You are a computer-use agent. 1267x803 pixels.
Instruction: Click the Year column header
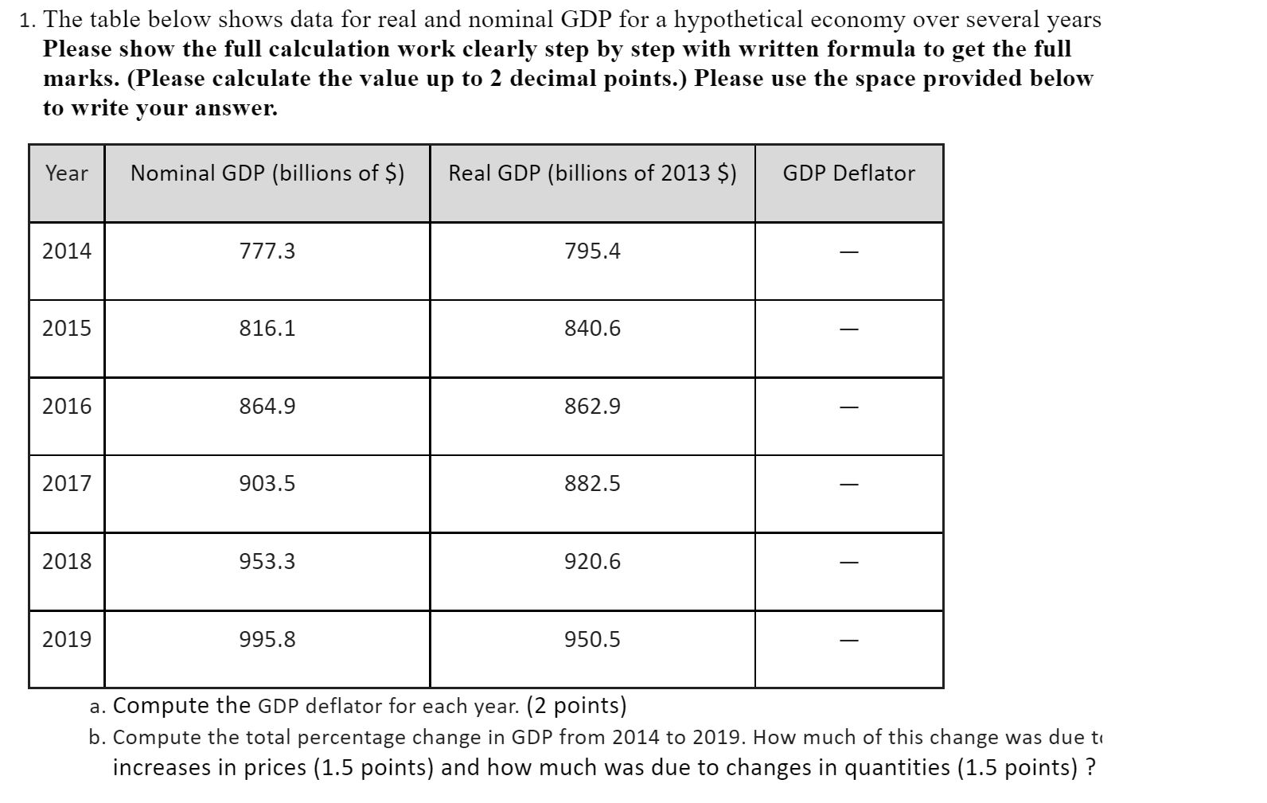pos(67,173)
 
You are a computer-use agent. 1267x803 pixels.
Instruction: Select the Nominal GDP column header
pos(267,173)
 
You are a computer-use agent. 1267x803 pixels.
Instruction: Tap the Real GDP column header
pos(592,173)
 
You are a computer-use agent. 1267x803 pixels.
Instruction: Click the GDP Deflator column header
pos(848,173)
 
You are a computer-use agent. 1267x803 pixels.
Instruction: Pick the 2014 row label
pos(67,251)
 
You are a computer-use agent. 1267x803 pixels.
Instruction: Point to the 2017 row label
pos(67,484)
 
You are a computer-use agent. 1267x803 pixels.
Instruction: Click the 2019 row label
pos(67,640)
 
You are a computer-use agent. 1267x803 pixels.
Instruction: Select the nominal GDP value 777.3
pos(267,251)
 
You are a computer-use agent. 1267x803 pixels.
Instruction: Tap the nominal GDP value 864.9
pos(267,407)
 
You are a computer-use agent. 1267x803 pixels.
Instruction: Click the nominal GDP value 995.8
pos(267,640)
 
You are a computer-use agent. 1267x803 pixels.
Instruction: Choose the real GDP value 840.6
pos(592,329)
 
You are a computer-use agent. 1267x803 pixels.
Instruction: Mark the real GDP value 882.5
pos(592,484)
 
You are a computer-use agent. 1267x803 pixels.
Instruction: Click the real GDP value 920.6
pos(592,562)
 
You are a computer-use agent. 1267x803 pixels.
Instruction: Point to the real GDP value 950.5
pos(592,640)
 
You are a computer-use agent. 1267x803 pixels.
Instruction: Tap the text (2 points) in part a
pos(577,706)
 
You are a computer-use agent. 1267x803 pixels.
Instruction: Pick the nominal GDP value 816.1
pos(267,329)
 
